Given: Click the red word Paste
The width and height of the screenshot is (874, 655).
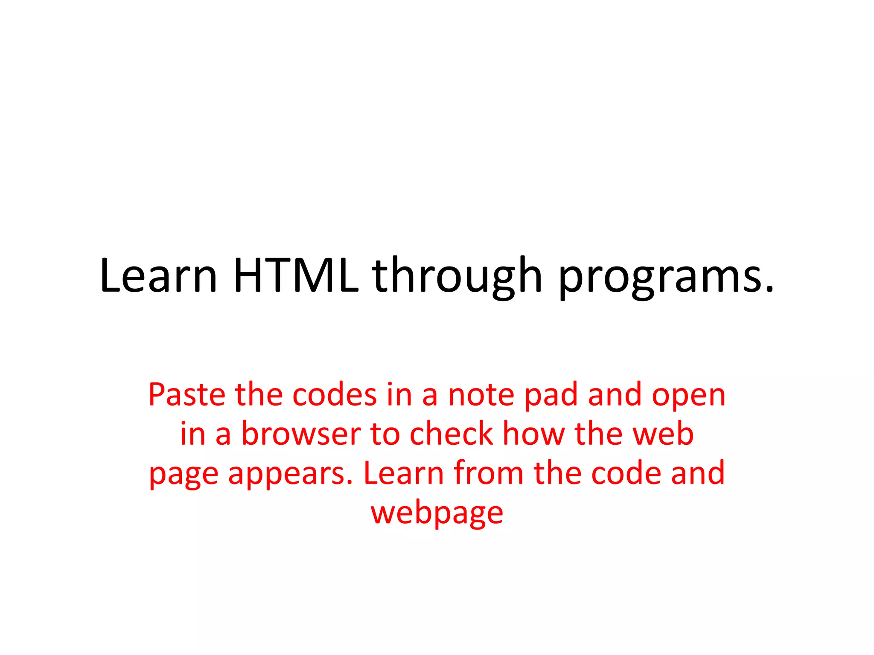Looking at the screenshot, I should [x=186, y=394].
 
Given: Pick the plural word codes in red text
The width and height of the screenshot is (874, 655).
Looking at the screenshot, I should [x=335, y=394].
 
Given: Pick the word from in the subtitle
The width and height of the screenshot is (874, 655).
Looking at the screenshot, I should [x=488, y=473].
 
